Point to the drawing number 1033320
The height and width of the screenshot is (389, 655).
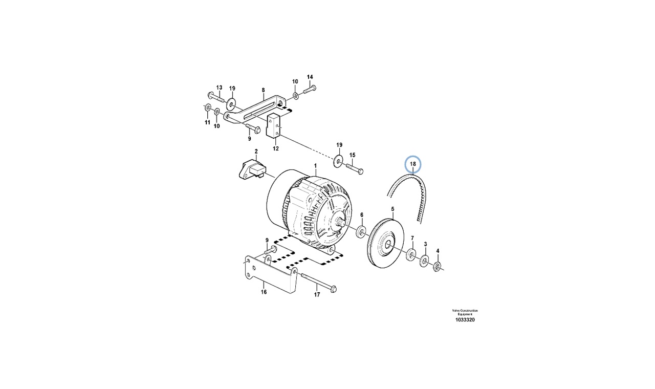(465, 320)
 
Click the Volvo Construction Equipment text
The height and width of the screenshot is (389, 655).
(465, 312)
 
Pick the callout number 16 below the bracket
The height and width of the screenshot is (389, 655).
(264, 292)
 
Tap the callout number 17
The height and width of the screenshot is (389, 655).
(317, 295)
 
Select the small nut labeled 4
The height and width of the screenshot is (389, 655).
(438, 266)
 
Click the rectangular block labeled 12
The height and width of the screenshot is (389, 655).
(274, 126)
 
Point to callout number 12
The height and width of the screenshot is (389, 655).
(276, 149)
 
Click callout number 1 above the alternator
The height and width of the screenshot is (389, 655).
(316, 166)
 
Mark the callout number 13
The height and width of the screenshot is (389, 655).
(219, 87)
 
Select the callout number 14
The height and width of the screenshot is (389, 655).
(310, 77)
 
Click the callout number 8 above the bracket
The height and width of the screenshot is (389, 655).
(264, 90)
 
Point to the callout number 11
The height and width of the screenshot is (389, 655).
(207, 123)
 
